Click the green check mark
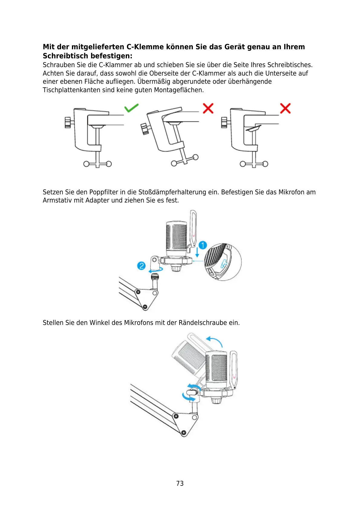pos(131,108)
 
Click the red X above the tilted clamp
pos(208,108)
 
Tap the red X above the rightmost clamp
pos(285,108)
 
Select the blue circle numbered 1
pos(203,245)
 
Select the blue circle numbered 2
pos(141,266)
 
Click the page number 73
pos(180,483)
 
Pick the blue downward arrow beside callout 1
pos(197,252)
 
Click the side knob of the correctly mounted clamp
pos(68,123)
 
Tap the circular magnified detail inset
pos(223,262)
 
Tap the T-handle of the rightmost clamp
pos(254,164)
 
